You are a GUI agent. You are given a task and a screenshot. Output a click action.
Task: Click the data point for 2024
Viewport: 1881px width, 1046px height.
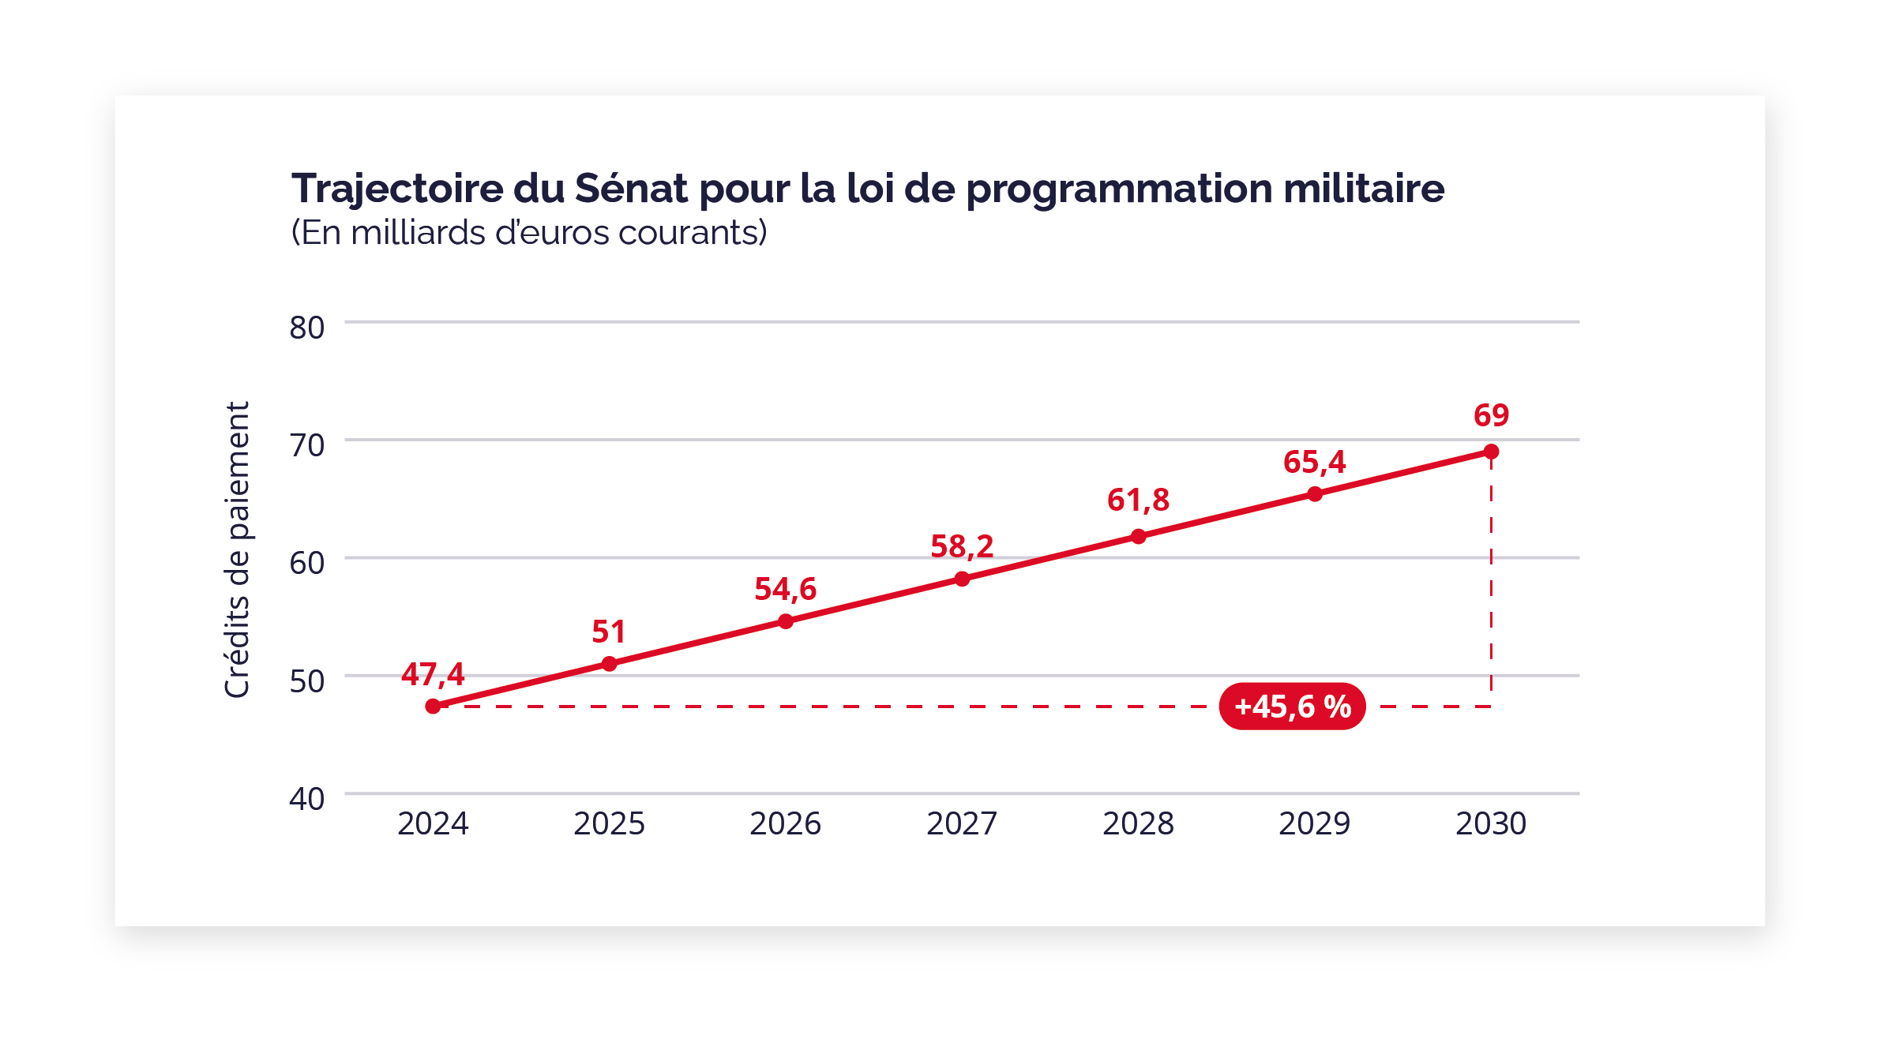(433, 706)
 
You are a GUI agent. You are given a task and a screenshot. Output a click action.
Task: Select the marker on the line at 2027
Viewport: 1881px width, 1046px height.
(962, 579)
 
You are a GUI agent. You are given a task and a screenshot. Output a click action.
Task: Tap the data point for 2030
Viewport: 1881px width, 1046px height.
(1491, 452)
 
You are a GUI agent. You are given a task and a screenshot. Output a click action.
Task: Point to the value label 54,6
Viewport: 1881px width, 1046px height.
(785, 589)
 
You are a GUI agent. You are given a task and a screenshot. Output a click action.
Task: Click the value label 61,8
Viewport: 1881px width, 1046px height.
(1138, 500)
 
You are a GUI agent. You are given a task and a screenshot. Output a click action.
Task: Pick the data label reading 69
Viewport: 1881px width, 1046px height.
(1491, 415)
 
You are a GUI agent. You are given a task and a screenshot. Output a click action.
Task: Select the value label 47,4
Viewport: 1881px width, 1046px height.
(433, 674)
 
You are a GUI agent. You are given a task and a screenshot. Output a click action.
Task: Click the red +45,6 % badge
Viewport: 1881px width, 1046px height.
(1292, 706)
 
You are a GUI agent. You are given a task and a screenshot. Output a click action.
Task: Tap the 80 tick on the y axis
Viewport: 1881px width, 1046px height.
(307, 328)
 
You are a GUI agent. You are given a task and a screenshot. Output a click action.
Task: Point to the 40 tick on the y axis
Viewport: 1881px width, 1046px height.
(307, 799)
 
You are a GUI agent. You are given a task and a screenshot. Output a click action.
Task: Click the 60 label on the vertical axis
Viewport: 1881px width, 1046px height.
(307, 563)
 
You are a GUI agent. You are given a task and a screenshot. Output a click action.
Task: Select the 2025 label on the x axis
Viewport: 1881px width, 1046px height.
(609, 824)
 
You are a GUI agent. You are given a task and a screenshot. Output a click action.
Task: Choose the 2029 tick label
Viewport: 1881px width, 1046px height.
(1314, 824)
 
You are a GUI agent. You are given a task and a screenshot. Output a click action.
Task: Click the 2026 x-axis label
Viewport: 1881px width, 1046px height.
(785, 824)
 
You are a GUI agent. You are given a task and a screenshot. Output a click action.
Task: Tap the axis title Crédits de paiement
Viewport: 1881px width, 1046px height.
(237, 549)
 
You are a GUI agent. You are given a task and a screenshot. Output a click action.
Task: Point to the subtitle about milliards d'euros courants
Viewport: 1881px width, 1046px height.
(529, 233)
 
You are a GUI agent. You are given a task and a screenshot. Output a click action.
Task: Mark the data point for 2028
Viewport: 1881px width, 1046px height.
(1138, 537)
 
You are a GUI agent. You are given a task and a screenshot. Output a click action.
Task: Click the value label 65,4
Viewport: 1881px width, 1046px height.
(1314, 462)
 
